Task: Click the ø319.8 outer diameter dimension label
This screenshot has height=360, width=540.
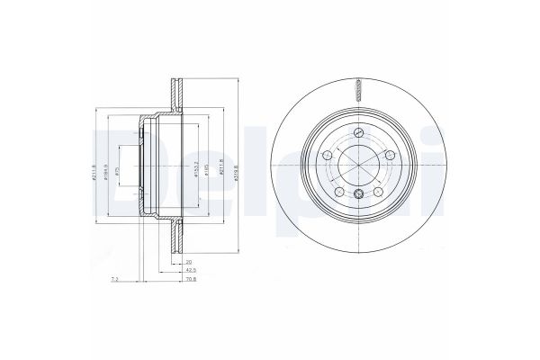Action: point(236,167)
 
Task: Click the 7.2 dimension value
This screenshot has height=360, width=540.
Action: point(114,280)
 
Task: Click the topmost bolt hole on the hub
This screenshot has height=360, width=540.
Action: point(358,132)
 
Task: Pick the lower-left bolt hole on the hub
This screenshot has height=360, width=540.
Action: point(338,191)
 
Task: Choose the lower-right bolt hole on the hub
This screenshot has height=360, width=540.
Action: point(378,191)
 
